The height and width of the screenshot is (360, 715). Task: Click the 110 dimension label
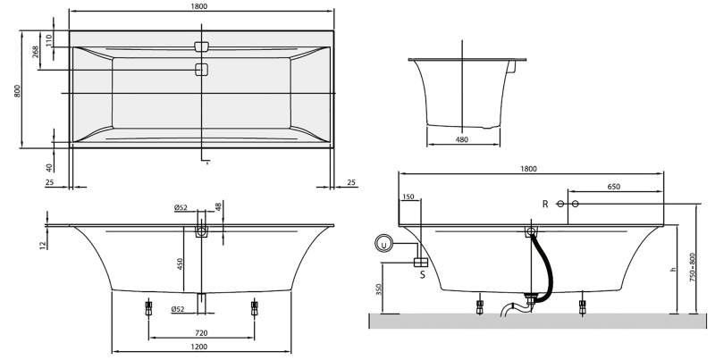click(x=50, y=41)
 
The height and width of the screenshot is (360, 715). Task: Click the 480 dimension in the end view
click(x=462, y=138)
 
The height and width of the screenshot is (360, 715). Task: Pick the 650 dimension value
click(x=614, y=186)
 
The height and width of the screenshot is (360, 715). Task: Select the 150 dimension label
click(x=408, y=197)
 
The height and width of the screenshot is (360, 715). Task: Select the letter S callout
click(x=421, y=276)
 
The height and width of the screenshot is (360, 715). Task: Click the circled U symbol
click(x=384, y=243)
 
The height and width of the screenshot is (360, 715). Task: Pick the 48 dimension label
click(x=219, y=207)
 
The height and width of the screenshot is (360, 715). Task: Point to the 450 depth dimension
click(x=181, y=264)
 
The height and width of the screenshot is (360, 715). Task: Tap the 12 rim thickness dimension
click(x=41, y=244)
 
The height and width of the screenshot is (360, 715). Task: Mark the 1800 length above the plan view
click(x=200, y=7)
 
